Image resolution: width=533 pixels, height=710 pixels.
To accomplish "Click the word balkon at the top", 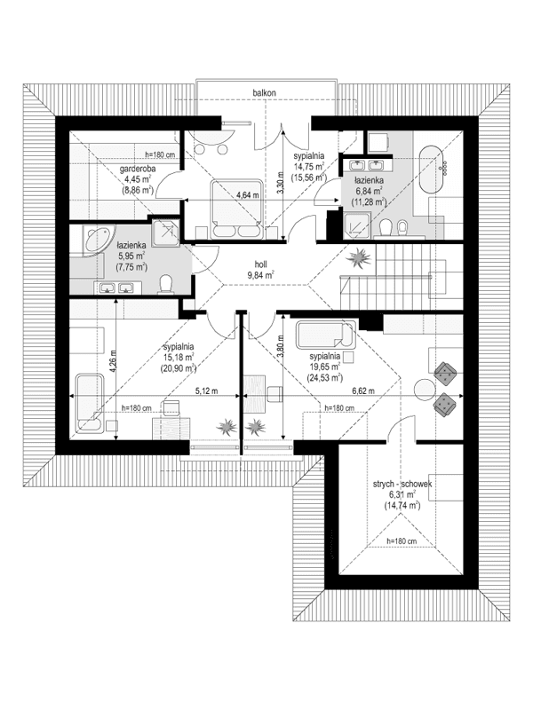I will click(266, 91).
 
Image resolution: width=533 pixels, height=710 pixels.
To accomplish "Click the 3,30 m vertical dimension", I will click(281, 182).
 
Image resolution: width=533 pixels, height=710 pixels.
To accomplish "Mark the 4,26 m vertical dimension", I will click(113, 362).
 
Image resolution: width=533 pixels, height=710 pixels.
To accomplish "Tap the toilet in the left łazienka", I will click(165, 283).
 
